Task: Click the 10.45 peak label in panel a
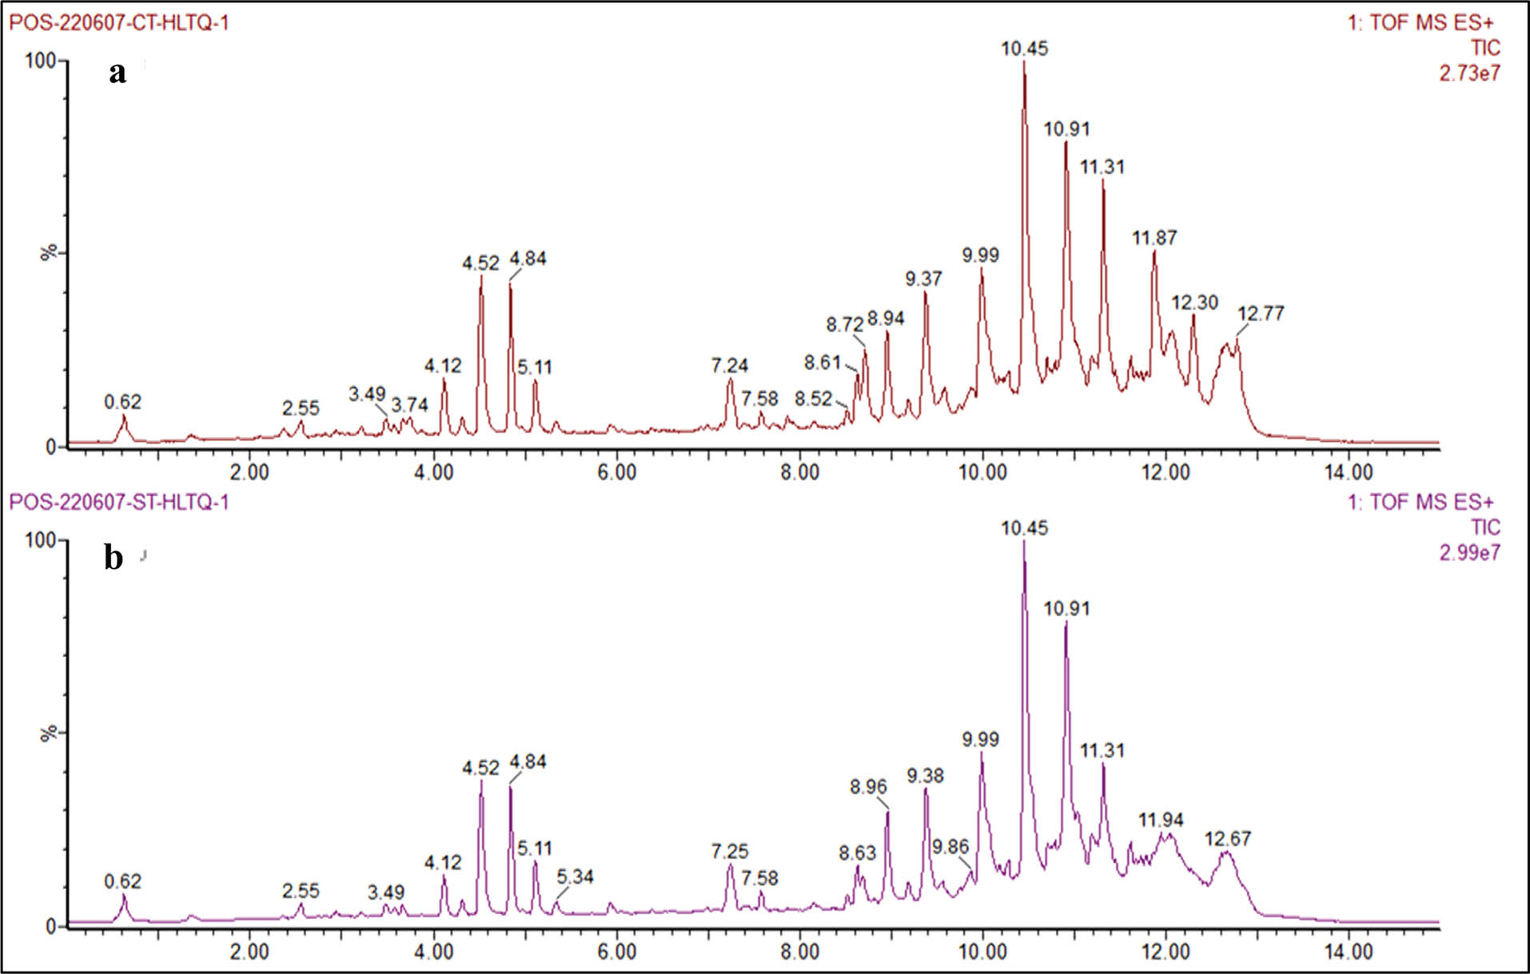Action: (x=1024, y=49)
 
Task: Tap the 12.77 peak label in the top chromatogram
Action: (x=1261, y=313)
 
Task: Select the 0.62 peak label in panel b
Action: (x=122, y=881)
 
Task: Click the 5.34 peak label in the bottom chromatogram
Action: (x=575, y=877)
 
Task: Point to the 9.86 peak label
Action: (x=950, y=847)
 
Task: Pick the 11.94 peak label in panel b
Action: (x=1161, y=820)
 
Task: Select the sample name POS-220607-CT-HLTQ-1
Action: (x=118, y=22)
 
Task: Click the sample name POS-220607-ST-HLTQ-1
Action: (x=118, y=502)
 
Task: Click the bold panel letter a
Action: (x=118, y=74)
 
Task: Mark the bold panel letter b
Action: (x=114, y=558)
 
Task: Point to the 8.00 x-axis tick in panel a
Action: (x=799, y=472)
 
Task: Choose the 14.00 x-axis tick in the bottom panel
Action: (x=1348, y=952)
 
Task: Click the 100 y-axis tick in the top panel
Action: (x=39, y=61)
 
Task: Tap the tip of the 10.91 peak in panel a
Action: (x=1066, y=142)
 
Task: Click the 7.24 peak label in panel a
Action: (x=729, y=366)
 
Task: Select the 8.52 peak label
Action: (x=813, y=398)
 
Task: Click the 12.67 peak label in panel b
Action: (x=1227, y=839)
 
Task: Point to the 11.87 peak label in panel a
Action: (x=1154, y=237)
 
